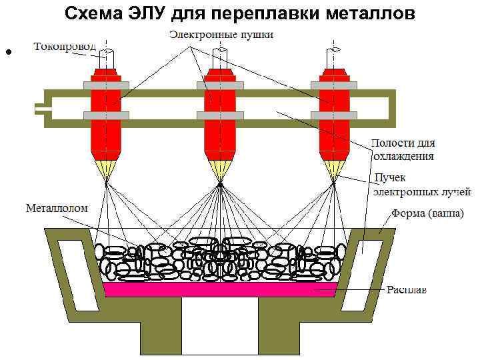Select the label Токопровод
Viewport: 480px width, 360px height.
(x=65, y=47)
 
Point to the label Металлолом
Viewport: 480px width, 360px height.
(x=57, y=208)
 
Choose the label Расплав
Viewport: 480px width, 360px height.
(x=407, y=290)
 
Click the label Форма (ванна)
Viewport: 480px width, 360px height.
(x=427, y=215)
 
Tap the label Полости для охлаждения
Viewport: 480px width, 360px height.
(x=403, y=150)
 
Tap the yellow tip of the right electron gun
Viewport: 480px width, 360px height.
(x=333, y=169)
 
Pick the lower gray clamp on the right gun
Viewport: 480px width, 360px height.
(x=333, y=115)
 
